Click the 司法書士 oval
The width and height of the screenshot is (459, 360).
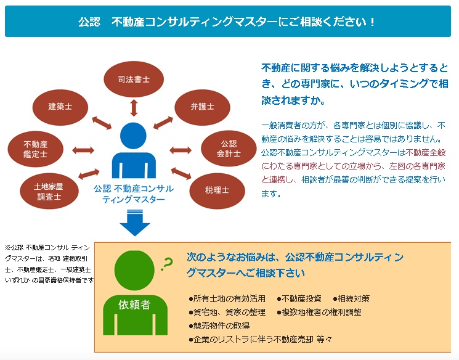pos(134,80)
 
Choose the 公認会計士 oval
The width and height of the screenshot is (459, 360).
pos(224,149)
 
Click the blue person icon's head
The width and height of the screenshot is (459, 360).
pos(134,135)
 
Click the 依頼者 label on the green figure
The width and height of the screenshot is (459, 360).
pos(134,304)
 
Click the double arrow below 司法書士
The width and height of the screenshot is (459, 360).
pos(134,107)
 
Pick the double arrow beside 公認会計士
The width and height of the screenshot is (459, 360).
pos(181,150)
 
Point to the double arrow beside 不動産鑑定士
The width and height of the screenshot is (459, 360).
pos(83,150)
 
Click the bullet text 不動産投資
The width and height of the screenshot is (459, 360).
pos(300,298)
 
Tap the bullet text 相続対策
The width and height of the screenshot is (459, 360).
pos(351,298)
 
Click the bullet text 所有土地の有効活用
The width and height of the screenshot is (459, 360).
pos(229,298)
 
